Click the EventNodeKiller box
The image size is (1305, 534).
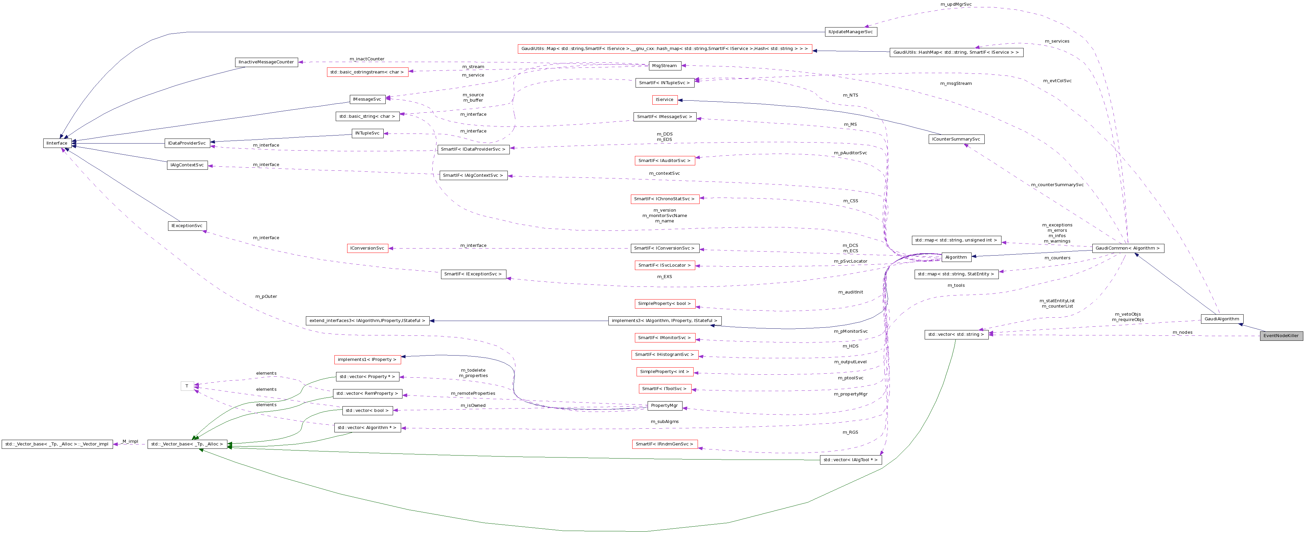(1281, 336)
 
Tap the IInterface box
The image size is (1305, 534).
(57, 143)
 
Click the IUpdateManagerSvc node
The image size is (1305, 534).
(851, 32)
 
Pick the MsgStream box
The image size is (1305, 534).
(664, 66)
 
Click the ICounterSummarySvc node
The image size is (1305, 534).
(956, 139)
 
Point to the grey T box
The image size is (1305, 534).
(187, 386)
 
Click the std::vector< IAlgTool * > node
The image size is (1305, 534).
(851, 460)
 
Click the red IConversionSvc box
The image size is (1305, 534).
(367, 248)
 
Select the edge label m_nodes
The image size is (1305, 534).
(1182, 332)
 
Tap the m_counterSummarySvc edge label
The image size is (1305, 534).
(1057, 185)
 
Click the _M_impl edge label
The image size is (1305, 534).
(130, 441)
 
